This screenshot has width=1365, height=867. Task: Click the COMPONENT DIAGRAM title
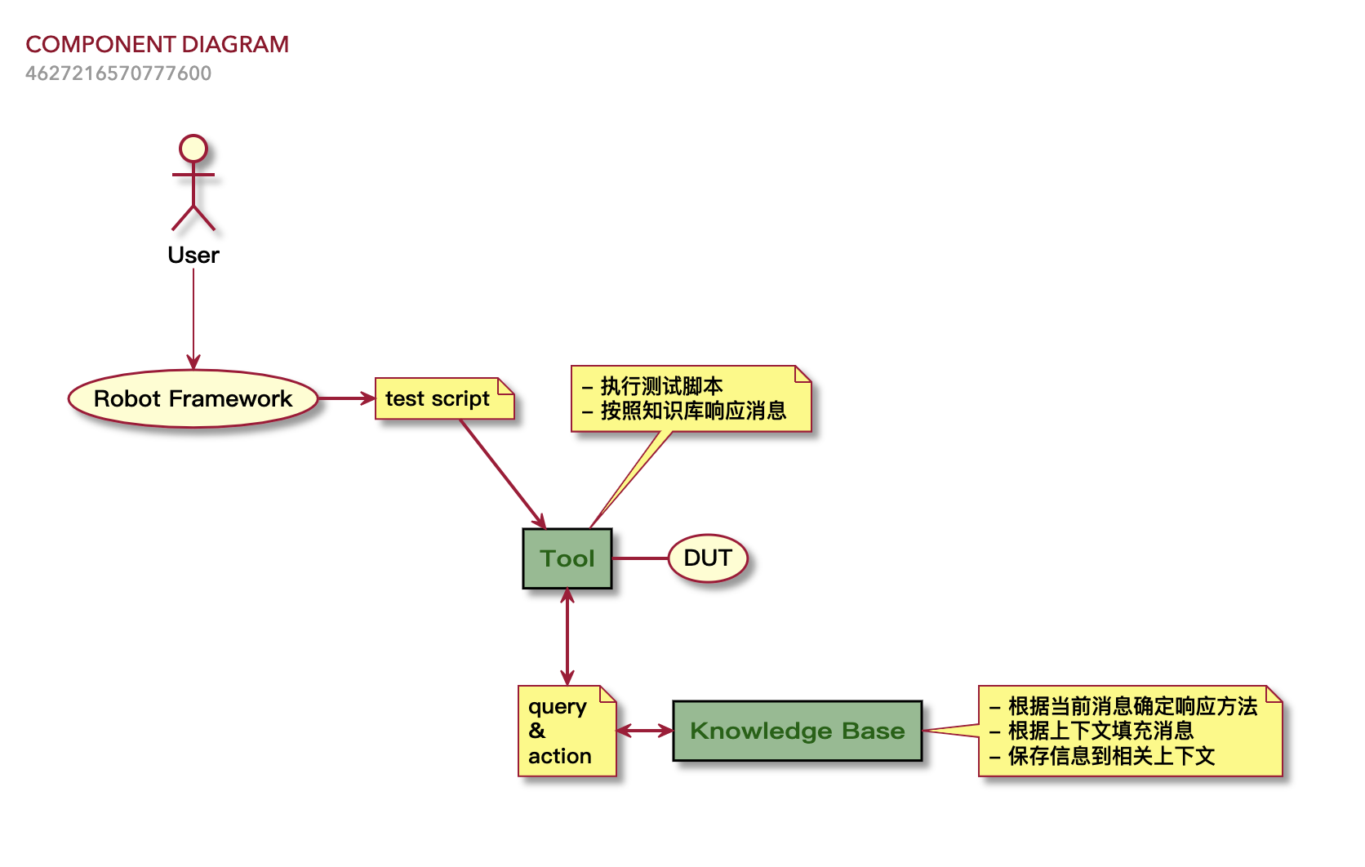(x=157, y=44)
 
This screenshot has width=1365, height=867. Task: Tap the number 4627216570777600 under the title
(x=118, y=73)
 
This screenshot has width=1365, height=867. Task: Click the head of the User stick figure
(x=193, y=149)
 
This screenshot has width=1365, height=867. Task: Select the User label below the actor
(x=193, y=256)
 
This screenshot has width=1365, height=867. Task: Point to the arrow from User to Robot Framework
(x=193, y=318)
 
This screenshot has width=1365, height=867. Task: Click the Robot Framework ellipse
(x=193, y=398)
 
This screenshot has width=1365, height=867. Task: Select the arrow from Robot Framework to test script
(x=345, y=398)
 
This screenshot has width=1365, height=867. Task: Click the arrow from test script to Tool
(x=501, y=473)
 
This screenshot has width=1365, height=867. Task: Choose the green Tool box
(x=567, y=558)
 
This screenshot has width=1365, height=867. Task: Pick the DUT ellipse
(x=708, y=558)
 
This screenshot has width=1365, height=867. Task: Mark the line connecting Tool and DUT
(x=640, y=558)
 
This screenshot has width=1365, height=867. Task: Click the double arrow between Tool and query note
(x=567, y=637)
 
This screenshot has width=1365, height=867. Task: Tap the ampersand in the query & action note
(x=537, y=731)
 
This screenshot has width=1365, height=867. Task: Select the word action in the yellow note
(x=560, y=756)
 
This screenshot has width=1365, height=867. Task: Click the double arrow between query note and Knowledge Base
(x=644, y=731)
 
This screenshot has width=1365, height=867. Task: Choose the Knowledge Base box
(x=798, y=731)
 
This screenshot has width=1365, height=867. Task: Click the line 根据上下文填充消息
(x=1100, y=731)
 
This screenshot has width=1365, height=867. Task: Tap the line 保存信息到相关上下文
(x=1111, y=756)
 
